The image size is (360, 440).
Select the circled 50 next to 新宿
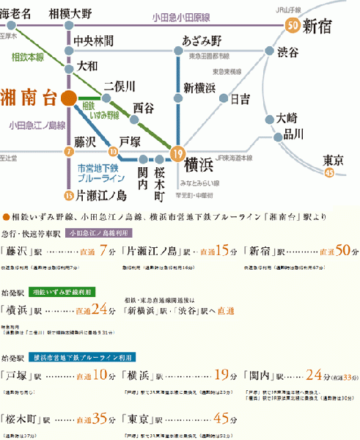[x=293, y=26]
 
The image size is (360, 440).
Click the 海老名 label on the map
[x=16, y=13]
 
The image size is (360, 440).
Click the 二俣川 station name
[x=120, y=86]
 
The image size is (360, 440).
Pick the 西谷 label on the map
[x=143, y=107]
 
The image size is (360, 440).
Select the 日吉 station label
[x=240, y=98]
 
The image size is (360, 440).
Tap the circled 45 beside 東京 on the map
[x=328, y=172]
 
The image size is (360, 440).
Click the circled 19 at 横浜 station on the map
[x=176, y=153]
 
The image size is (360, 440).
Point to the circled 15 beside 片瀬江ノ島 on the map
[x=69, y=195]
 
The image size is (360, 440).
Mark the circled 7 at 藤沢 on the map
[x=69, y=152]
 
